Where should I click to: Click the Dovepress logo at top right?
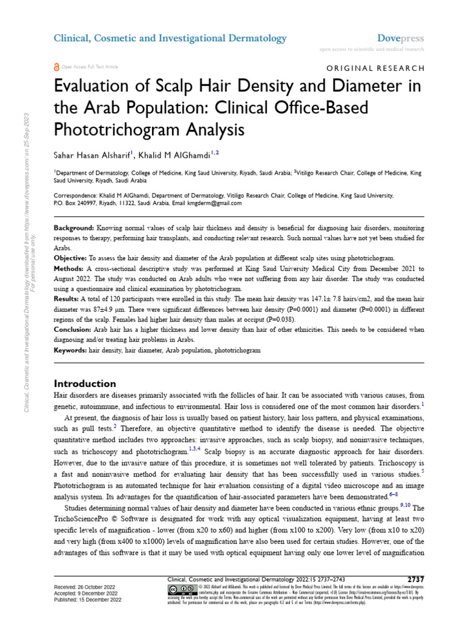point(401,38)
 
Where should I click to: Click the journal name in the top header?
point(170,38)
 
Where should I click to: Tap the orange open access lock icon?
point(57,67)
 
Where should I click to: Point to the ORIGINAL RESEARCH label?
point(375,69)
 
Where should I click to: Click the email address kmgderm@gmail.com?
point(215,203)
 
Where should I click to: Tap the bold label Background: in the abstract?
point(74,227)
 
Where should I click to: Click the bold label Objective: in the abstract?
point(71,257)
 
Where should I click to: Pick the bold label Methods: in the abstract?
point(70,267)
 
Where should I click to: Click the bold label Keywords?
point(70,351)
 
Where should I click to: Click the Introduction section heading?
point(85,383)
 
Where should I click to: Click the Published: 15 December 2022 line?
point(88,600)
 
